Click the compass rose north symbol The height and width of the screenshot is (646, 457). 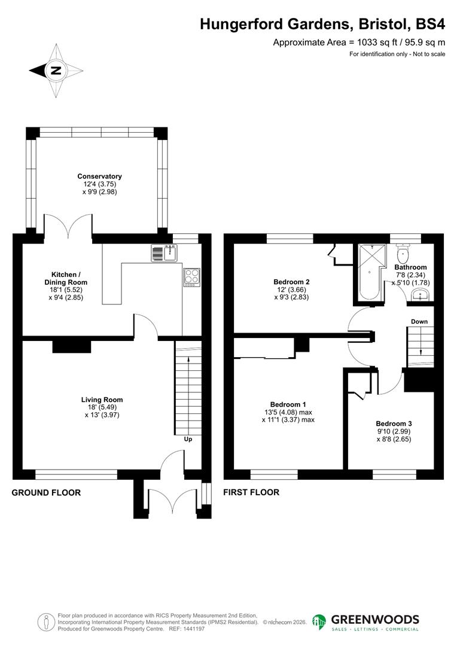tap(55, 71)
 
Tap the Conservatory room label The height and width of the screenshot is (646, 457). tap(99, 176)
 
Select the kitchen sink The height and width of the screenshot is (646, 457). tap(162, 254)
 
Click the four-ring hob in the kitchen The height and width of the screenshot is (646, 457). tap(191, 276)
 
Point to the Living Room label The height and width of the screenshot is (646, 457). tap(102, 400)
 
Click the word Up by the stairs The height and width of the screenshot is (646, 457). tap(188, 439)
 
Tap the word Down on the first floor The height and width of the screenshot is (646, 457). tap(419, 322)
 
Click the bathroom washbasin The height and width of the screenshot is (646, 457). tap(421, 294)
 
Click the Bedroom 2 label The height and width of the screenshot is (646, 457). tap(291, 282)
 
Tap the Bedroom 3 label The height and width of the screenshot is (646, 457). tap(394, 423)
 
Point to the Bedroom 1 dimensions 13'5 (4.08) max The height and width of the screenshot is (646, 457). tap(288, 412)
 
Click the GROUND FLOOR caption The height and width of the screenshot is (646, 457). tap(46, 493)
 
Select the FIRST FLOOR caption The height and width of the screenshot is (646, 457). tap(251, 493)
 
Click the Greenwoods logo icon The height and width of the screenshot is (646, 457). tap(319, 621)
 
